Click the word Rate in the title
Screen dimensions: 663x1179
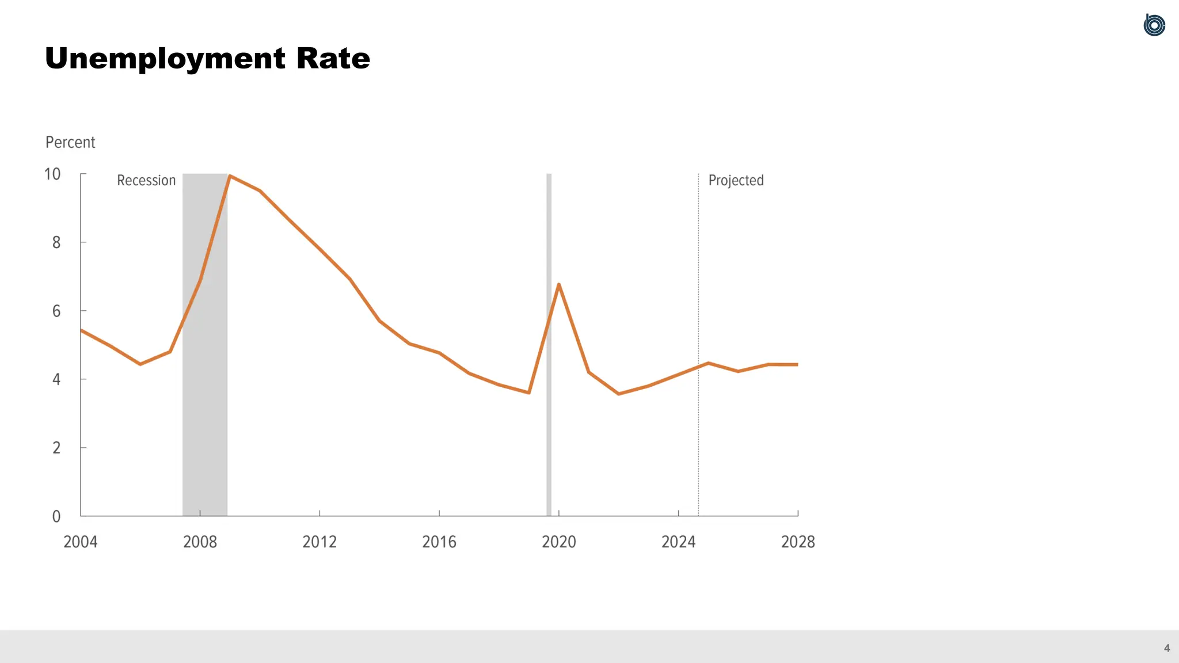pos(333,59)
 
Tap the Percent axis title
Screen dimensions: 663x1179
pos(70,142)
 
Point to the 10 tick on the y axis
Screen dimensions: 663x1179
pos(52,174)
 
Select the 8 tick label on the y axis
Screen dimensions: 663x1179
pos(56,242)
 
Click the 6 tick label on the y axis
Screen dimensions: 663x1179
pos(56,311)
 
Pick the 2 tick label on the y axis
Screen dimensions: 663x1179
pos(56,448)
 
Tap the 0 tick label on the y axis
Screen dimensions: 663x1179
pos(56,516)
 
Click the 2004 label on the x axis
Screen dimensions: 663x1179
pos(80,542)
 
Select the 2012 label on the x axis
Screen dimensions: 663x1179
pos(320,542)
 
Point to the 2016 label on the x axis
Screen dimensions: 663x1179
pos(439,542)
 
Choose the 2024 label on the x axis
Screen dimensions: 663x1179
pos(678,542)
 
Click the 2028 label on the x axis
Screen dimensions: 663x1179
pos(798,542)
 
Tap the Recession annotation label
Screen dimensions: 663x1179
pos(146,180)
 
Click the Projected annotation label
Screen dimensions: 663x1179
pos(736,180)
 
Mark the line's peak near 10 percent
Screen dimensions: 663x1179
pos(230,176)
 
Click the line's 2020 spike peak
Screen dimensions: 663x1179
pos(558,284)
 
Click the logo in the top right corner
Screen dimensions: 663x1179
pos(1154,25)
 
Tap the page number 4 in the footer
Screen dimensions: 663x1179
pos(1167,648)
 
